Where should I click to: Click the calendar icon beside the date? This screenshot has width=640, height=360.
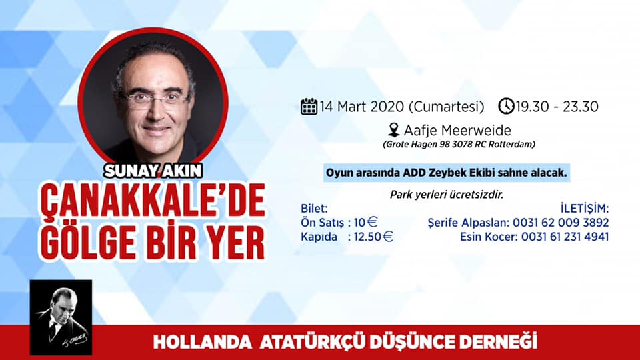(x=309, y=107)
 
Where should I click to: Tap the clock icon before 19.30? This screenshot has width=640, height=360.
(x=506, y=106)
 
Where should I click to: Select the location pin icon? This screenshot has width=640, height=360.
(x=393, y=130)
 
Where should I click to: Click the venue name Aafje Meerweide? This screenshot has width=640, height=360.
(x=457, y=130)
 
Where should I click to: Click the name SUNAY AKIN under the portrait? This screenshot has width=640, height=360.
(x=153, y=171)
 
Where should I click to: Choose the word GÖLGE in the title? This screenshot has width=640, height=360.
(x=89, y=241)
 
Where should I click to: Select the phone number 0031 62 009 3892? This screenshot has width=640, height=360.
(x=561, y=223)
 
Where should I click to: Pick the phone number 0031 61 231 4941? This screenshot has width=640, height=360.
(x=565, y=237)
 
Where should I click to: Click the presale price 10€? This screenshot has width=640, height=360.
(x=365, y=223)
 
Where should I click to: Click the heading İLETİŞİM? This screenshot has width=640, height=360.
(x=585, y=208)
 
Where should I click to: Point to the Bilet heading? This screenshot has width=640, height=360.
(x=314, y=209)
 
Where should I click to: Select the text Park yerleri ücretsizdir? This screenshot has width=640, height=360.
(x=447, y=195)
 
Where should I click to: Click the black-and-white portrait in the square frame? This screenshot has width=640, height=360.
(x=61, y=317)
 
